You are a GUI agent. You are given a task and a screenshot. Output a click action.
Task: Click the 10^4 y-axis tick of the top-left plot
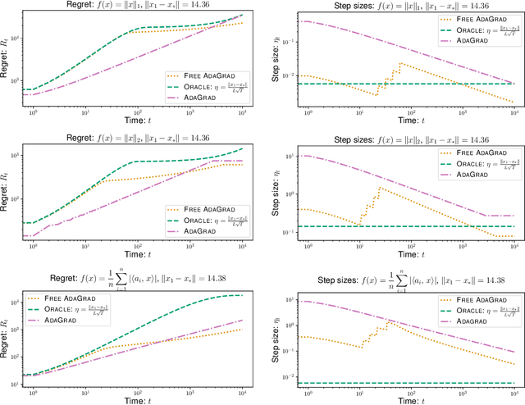point(15,18)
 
